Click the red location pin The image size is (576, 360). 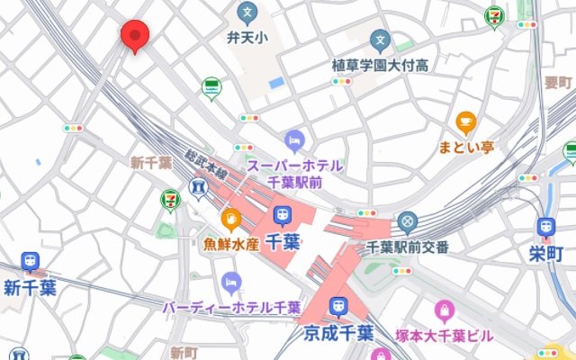coord(135,35)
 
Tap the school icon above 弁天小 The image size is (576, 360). coord(247,13)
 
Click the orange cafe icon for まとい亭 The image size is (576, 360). coord(465,121)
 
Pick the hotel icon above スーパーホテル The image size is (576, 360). coord(294,140)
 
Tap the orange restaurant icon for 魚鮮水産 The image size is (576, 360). coord(231,219)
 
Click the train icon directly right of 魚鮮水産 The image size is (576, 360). coord(282,216)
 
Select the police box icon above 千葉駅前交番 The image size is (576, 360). coord(408,221)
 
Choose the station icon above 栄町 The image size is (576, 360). coord(545,228)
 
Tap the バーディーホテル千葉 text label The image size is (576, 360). coord(231,308)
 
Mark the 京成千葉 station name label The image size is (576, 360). coord(338,332)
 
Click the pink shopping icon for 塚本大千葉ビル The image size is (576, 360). coord(444,312)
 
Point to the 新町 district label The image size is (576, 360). coord(183,351)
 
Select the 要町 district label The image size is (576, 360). coord(557,83)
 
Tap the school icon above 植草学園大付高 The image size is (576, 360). coord(382,40)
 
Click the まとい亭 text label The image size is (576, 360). coord(465,146)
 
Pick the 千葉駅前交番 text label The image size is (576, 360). coord(408,247)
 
